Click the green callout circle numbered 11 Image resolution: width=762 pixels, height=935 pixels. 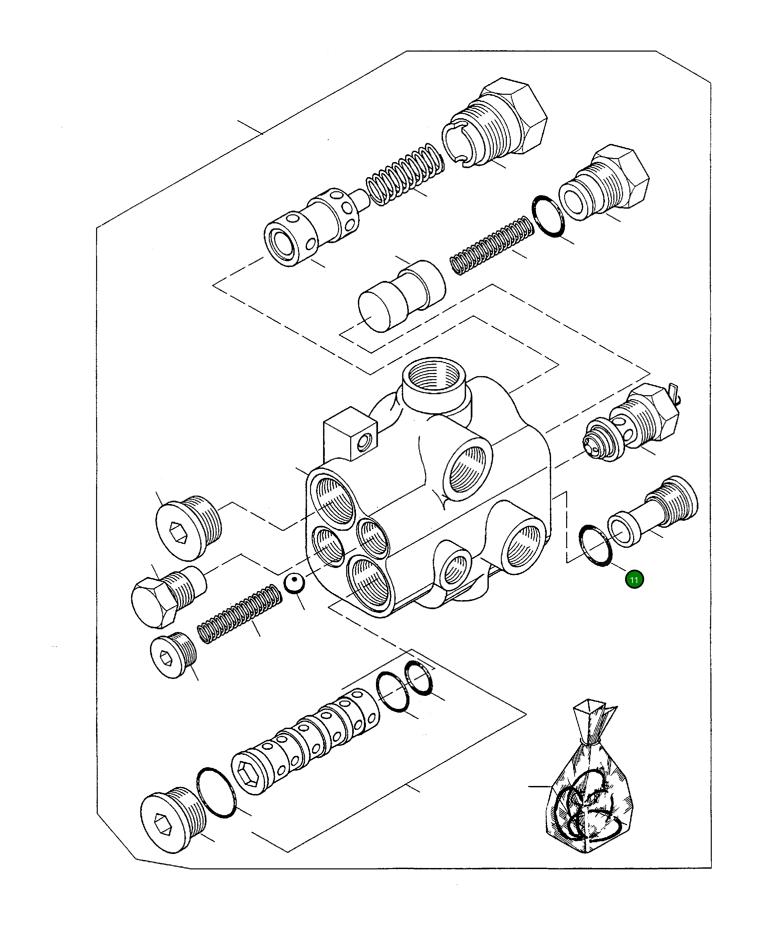pos(634,580)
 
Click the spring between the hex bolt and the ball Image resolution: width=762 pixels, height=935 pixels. pos(239,615)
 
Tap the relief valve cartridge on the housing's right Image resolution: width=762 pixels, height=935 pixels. pos(632,424)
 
